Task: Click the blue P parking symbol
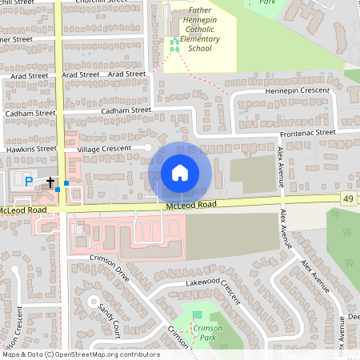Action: [29, 182]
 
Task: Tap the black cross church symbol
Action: [50, 183]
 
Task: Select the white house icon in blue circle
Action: [180, 173]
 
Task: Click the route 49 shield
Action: [348, 198]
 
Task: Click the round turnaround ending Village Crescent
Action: [147, 147]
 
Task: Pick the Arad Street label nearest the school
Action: [126, 74]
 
